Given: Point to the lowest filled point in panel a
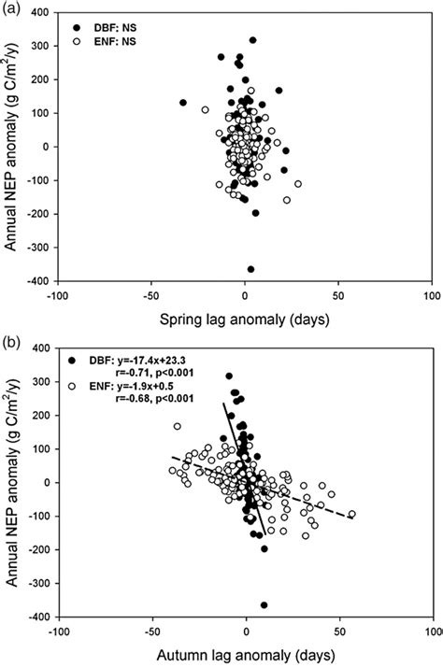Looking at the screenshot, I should pos(250,269).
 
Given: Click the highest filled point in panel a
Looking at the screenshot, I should pos(252,40).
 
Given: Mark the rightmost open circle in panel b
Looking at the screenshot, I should pos(351,514).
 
